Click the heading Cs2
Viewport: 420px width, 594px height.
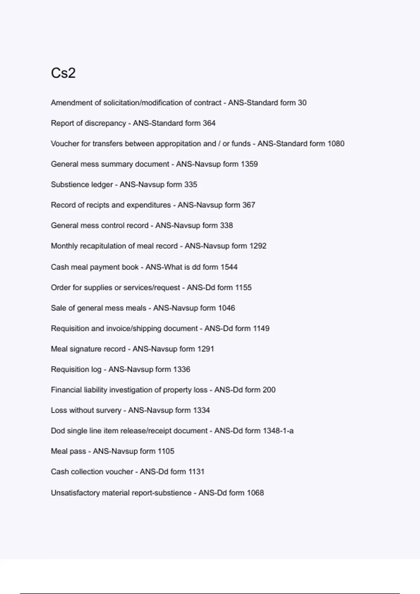[x=63, y=73]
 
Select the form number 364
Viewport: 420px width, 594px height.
[x=209, y=123]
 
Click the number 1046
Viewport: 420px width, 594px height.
[x=226, y=308]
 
